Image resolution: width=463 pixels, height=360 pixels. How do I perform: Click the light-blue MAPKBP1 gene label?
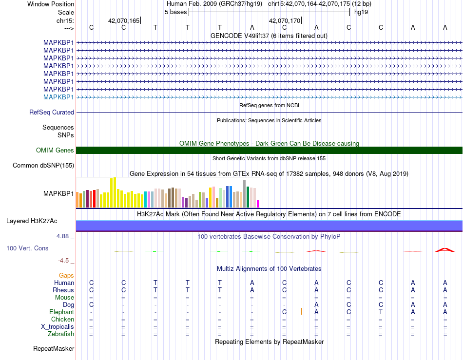(x=58, y=97)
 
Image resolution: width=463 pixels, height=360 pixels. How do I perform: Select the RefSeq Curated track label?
(x=52, y=112)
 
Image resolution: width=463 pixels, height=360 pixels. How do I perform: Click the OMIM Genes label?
(x=55, y=150)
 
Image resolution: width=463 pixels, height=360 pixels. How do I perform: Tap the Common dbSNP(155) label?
(x=43, y=165)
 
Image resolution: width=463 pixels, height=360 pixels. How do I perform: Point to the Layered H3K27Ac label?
(x=32, y=221)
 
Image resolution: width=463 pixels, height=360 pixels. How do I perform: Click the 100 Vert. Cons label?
(x=27, y=248)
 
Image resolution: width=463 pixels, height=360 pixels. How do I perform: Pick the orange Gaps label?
(x=66, y=275)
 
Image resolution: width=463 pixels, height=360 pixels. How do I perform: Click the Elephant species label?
(x=62, y=312)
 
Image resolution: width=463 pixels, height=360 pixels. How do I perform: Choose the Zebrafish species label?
(x=61, y=334)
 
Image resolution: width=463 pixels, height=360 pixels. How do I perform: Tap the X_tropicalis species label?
(x=58, y=327)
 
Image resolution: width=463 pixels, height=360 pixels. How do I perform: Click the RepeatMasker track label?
(x=54, y=348)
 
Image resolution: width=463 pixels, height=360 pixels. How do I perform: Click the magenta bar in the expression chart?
(x=258, y=204)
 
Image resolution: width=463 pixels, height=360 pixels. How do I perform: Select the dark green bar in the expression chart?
(x=248, y=197)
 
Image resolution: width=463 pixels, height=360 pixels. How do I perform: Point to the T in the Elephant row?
(x=381, y=312)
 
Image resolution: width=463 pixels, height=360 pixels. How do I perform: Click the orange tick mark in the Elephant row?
(x=301, y=311)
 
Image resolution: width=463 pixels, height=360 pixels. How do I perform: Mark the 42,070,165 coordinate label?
(x=124, y=20)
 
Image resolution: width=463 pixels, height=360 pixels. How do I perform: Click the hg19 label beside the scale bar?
(x=361, y=12)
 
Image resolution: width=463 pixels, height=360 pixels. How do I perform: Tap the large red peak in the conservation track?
(x=444, y=250)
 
